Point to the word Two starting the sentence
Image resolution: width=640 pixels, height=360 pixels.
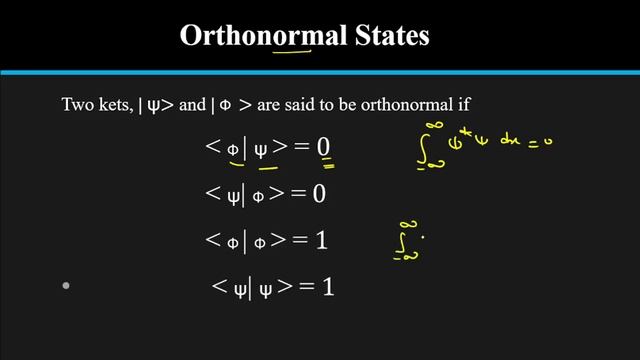[x=77, y=103]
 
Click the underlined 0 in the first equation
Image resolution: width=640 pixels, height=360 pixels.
[x=324, y=148]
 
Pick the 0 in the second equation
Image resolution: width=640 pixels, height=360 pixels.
[x=319, y=193]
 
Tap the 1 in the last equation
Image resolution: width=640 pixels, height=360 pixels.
[x=327, y=287]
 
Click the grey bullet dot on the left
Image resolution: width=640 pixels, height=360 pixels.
[x=66, y=286]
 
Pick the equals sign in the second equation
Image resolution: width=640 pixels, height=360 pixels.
[x=296, y=194]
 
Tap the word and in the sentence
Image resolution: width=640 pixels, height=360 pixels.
[x=201, y=103]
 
